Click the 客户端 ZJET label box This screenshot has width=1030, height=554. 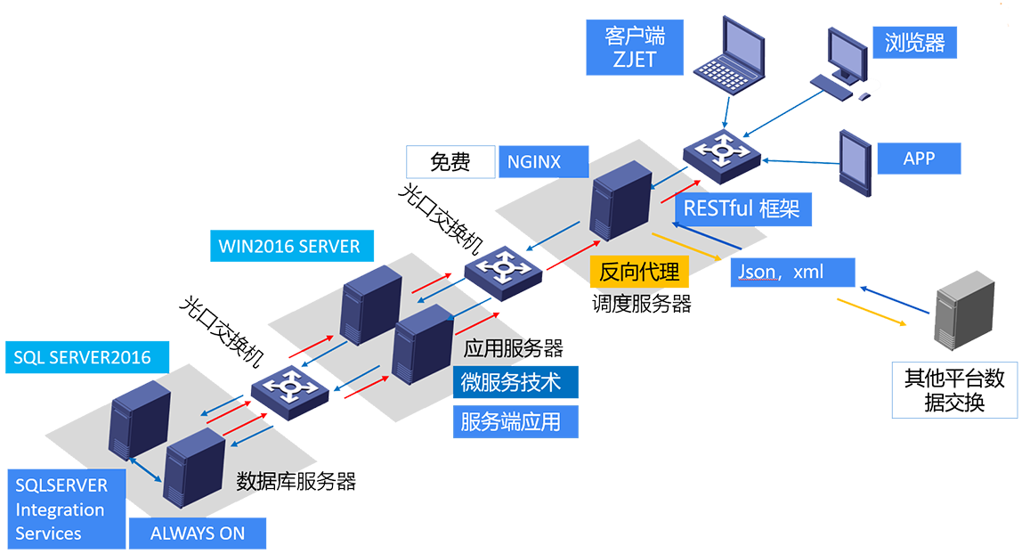click(634, 48)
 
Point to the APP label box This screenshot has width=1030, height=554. click(919, 159)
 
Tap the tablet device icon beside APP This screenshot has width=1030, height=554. click(855, 162)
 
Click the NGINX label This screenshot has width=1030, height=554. click(543, 162)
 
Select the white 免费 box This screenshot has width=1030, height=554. click(450, 162)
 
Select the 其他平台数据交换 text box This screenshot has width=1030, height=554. click(954, 390)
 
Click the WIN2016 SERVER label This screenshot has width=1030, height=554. click(290, 245)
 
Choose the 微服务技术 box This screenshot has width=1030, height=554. click(515, 382)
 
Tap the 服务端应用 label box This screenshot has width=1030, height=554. click(515, 421)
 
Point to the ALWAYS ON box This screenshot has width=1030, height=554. click(197, 534)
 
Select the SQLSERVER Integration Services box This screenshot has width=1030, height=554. click(65, 509)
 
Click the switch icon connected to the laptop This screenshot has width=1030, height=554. click(719, 151)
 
